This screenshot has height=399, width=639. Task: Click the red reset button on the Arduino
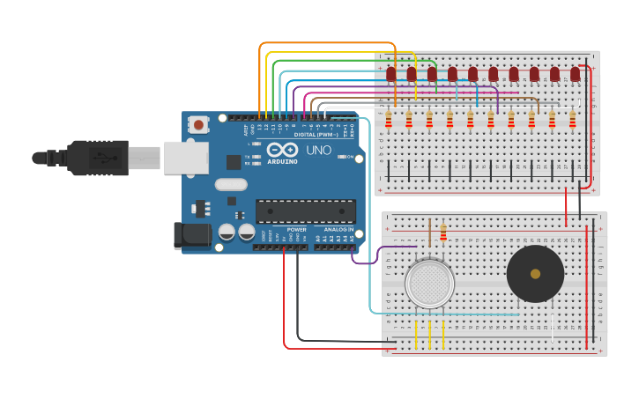(198, 125)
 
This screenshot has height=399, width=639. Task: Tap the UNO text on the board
(318, 151)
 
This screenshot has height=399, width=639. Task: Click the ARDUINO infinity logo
(282, 150)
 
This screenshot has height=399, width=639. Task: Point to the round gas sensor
(429, 284)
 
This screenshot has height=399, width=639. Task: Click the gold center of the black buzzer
(535, 274)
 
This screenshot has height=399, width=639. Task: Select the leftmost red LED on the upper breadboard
(390, 74)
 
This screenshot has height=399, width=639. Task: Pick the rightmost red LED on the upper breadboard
(575, 74)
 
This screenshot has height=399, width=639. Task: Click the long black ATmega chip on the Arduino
(305, 211)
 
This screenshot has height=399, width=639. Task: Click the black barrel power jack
(192, 234)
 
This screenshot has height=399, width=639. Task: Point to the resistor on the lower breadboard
(442, 233)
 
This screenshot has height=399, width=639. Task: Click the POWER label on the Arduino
(296, 230)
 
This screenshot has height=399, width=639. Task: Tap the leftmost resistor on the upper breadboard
(388, 119)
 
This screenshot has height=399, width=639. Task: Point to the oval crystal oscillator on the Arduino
(230, 185)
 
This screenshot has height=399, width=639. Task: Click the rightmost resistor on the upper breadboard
(572, 119)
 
